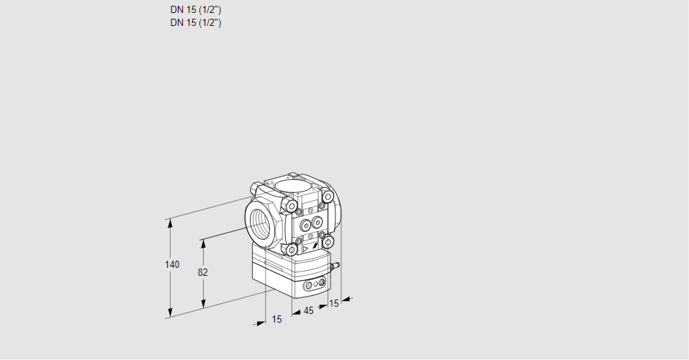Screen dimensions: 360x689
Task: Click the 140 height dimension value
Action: [x=172, y=264]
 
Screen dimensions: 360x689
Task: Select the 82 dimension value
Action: [x=203, y=272]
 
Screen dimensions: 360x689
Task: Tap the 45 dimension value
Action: [x=308, y=310]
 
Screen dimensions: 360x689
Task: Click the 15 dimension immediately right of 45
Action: [x=333, y=303]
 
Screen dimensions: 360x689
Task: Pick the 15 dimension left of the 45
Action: [x=276, y=318]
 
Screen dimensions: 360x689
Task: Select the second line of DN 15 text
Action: [x=195, y=22]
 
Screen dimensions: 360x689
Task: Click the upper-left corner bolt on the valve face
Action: [x=292, y=207]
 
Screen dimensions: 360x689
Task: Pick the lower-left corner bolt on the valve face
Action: [x=292, y=249]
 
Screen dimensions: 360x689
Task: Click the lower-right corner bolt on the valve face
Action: [x=328, y=242]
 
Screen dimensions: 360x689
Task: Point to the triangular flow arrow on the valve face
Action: [x=305, y=248]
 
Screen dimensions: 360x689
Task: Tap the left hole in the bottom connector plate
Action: [x=309, y=286]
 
